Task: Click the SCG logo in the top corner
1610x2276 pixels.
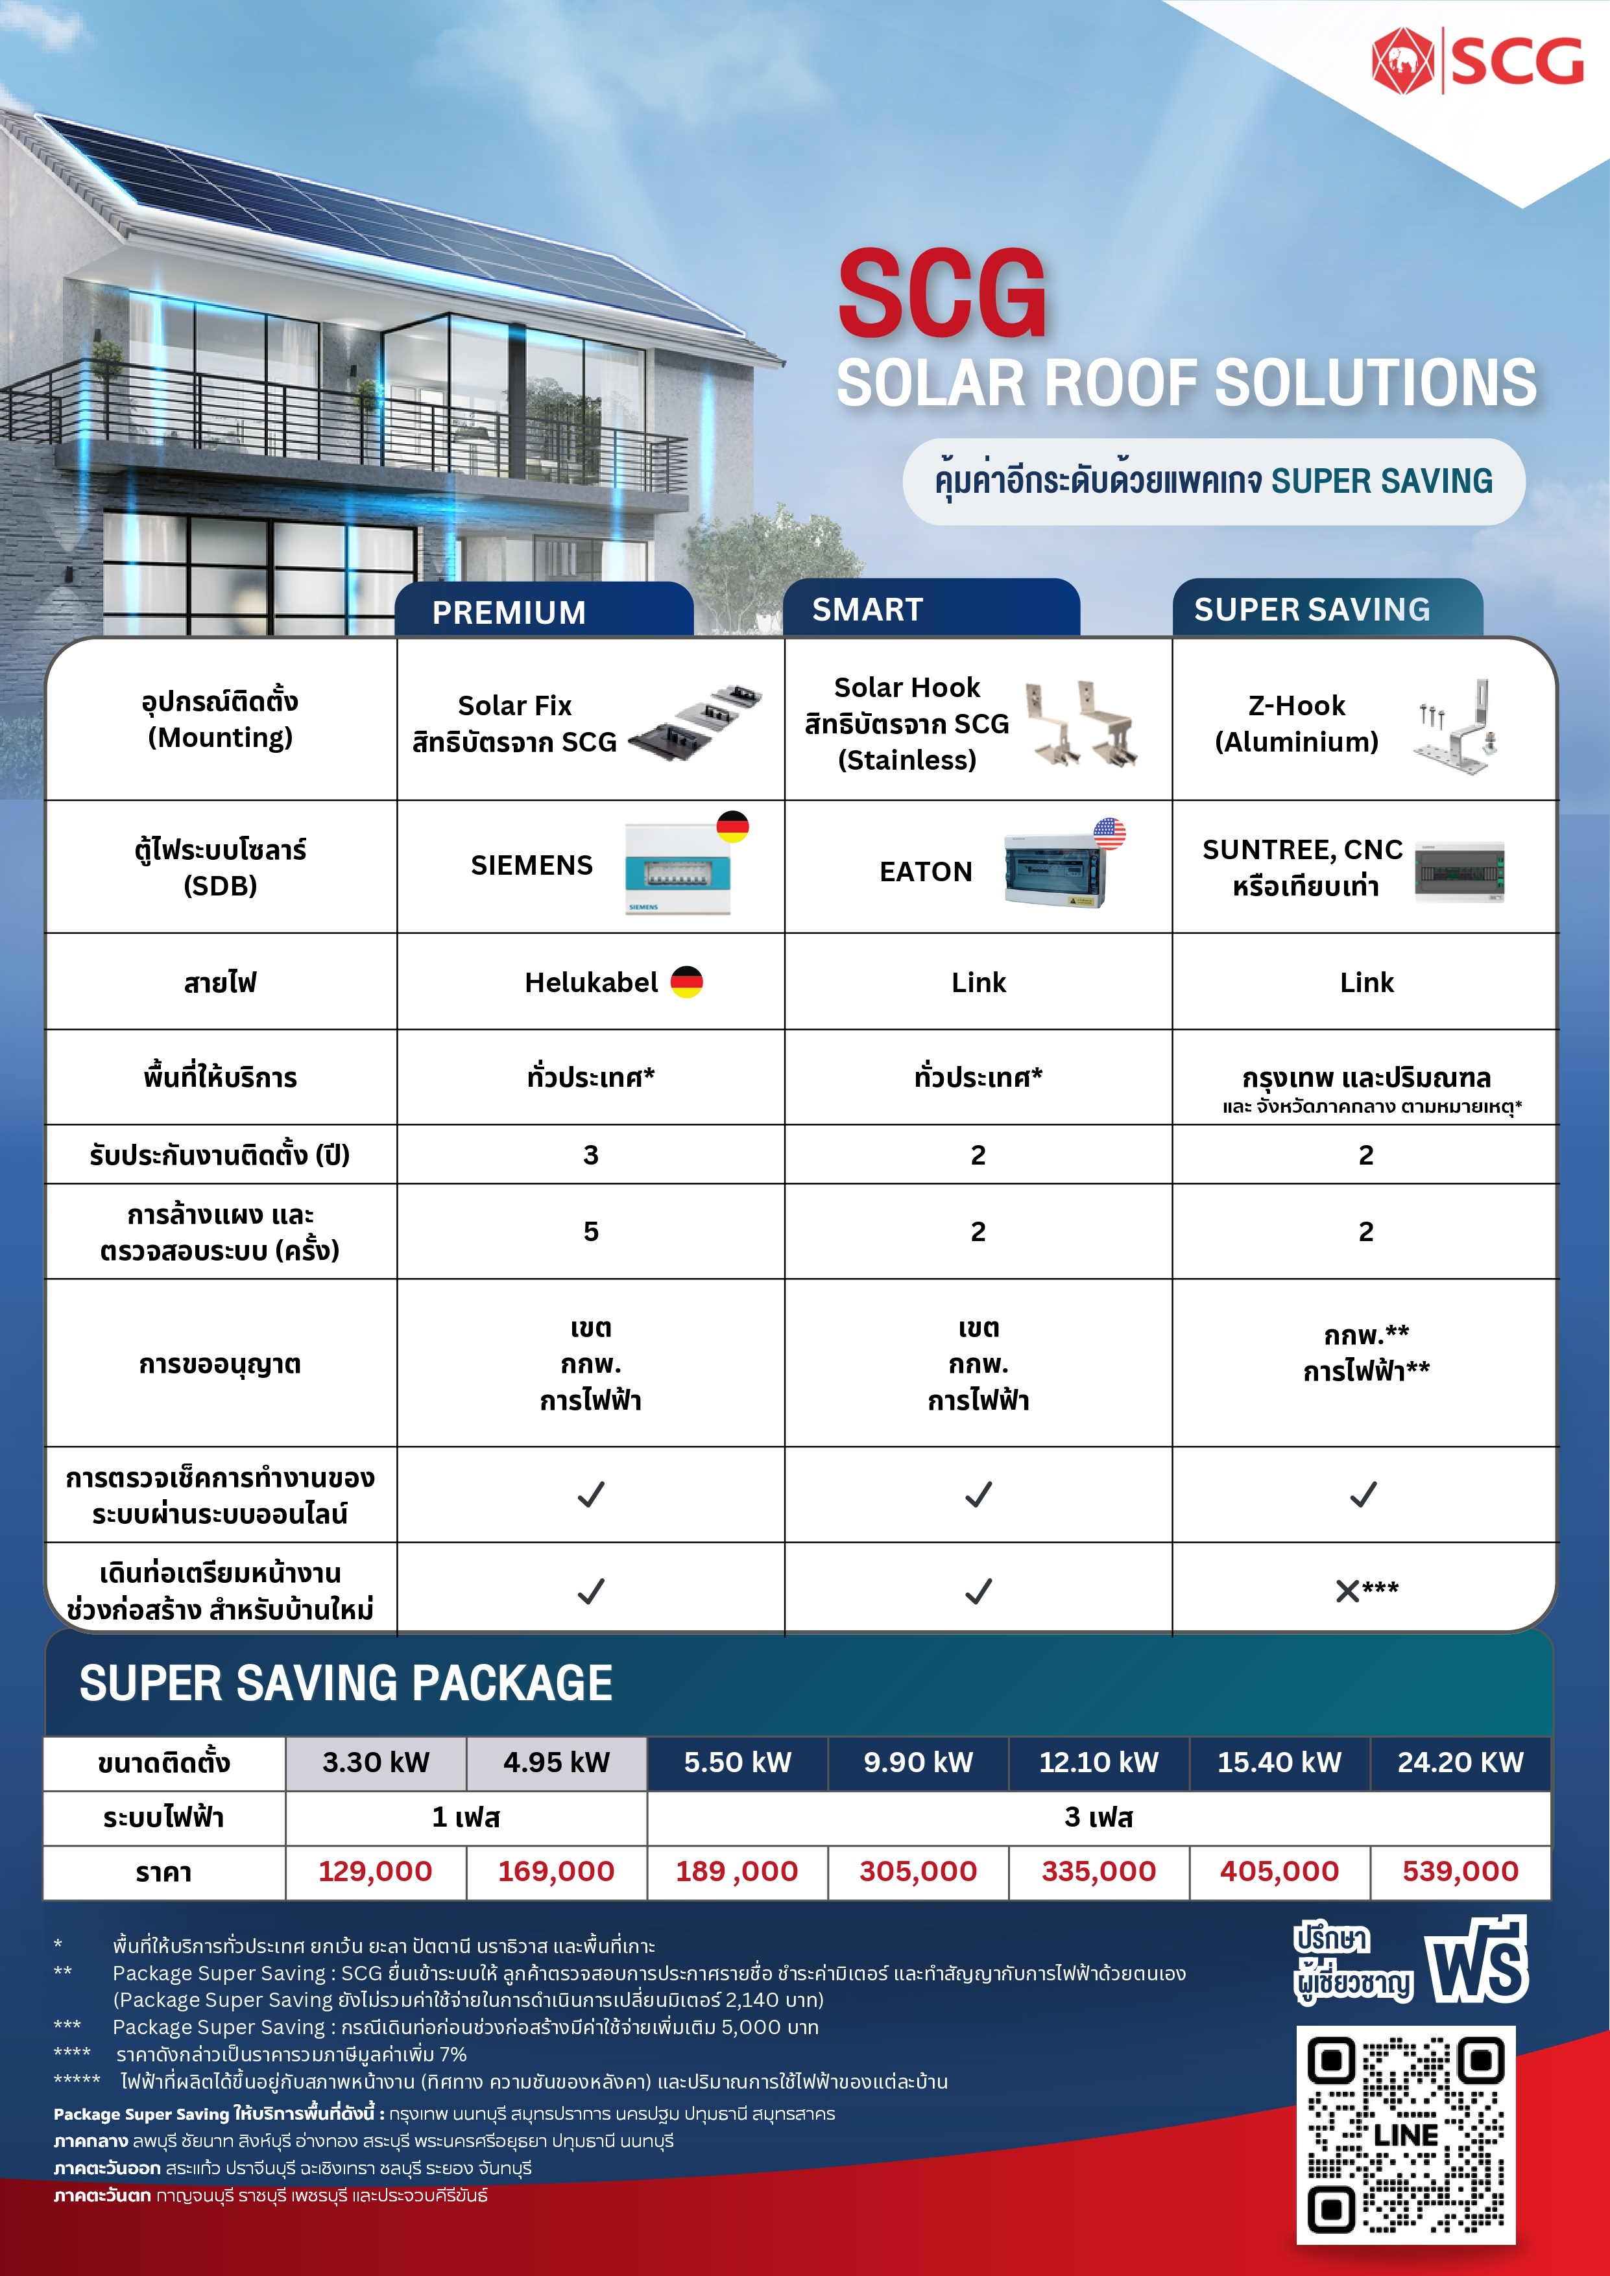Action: [1477, 62]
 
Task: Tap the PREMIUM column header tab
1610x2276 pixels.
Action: [509, 611]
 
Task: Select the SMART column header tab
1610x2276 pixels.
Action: [867, 609]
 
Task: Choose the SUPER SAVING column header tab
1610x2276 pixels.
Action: [1312, 609]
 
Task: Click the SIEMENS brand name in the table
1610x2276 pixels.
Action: [531, 866]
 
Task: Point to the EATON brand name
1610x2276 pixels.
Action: [925, 871]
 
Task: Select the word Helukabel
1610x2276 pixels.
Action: [591, 982]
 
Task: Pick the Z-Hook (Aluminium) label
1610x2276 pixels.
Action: [1297, 724]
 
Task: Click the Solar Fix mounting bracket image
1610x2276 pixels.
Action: [695, 722]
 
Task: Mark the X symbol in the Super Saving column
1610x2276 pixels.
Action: [1346, 1591]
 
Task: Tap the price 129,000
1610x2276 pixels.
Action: [375, 1871]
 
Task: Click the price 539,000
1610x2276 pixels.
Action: [1460, 1871]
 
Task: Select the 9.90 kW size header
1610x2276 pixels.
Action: [918, 1762]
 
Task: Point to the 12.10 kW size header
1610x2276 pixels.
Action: [1098, 1762]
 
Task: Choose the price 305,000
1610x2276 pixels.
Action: [918, 1871]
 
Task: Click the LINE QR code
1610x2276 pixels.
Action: [1406, 2134]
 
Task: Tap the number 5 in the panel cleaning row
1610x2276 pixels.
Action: [591, 1231]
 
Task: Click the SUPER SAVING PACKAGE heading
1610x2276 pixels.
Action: [346, 1683]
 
